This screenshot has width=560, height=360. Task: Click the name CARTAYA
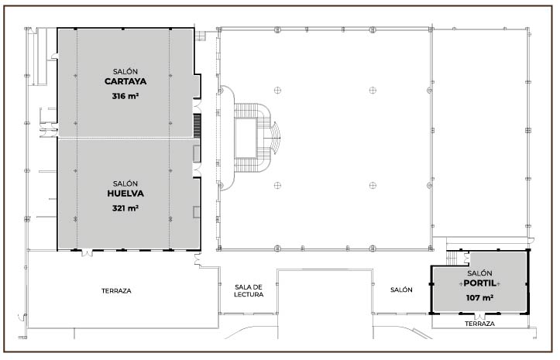pos(125,81)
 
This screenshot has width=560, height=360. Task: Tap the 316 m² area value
pos(125,96)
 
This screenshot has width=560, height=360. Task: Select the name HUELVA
pos(125,194)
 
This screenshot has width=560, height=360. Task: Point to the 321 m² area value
pos(125,207)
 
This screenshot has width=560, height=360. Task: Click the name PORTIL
pos(479,283)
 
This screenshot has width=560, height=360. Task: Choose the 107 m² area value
pos(479,297)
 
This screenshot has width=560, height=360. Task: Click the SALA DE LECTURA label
pos(249,291)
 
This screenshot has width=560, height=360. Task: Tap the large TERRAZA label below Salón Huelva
pos(116,291)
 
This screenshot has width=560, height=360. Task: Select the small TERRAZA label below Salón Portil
pos(479,324)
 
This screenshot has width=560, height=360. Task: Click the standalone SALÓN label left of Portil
pos(401,290)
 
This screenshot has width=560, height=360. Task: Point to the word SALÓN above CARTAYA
pos(125,71)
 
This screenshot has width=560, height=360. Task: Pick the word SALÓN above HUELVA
pos(125,183)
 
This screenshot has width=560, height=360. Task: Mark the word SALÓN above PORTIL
pos(479,273)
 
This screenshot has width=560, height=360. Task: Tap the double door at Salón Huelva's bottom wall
pos(87,252)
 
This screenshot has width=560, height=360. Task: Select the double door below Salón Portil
pos(479,316)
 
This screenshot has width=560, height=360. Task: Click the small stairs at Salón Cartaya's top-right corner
pos(200,36)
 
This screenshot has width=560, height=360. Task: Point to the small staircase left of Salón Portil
pos(452,258)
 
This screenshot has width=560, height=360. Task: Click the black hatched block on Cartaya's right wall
pos(198,125)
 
